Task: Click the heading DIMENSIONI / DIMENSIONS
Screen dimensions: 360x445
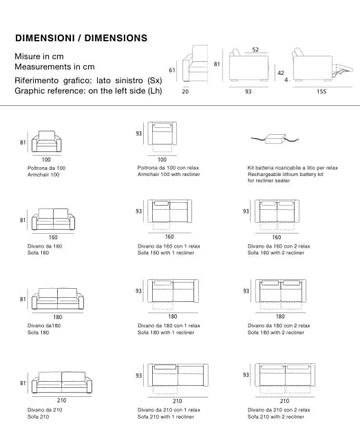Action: [81, 38]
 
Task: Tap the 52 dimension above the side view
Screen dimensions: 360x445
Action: [255, 50]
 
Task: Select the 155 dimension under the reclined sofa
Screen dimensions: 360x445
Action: [321, 91]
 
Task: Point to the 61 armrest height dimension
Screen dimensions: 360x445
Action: [172, 70]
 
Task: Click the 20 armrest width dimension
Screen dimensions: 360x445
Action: [185, 91]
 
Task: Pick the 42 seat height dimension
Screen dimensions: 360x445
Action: [281, 73]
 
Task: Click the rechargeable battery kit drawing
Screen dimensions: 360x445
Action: [275, 139]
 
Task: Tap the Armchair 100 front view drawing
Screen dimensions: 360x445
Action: [47, 141]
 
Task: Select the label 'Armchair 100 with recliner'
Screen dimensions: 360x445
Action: [169, 174]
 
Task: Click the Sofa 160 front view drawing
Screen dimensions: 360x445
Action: [54, 219]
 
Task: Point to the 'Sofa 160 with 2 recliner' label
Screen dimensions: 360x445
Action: [276, 252]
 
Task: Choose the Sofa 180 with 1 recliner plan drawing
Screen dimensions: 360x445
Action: [173, 294]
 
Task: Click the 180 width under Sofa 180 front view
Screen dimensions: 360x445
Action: [58, 317]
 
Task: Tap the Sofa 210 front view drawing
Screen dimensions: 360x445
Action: [62, 382]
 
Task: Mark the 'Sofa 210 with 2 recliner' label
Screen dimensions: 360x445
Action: [276, 417]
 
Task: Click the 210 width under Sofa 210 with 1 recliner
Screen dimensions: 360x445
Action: [178, 401]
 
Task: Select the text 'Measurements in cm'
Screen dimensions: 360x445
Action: [54, 67]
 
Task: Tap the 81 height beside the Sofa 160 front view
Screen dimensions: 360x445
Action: [23, 220]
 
